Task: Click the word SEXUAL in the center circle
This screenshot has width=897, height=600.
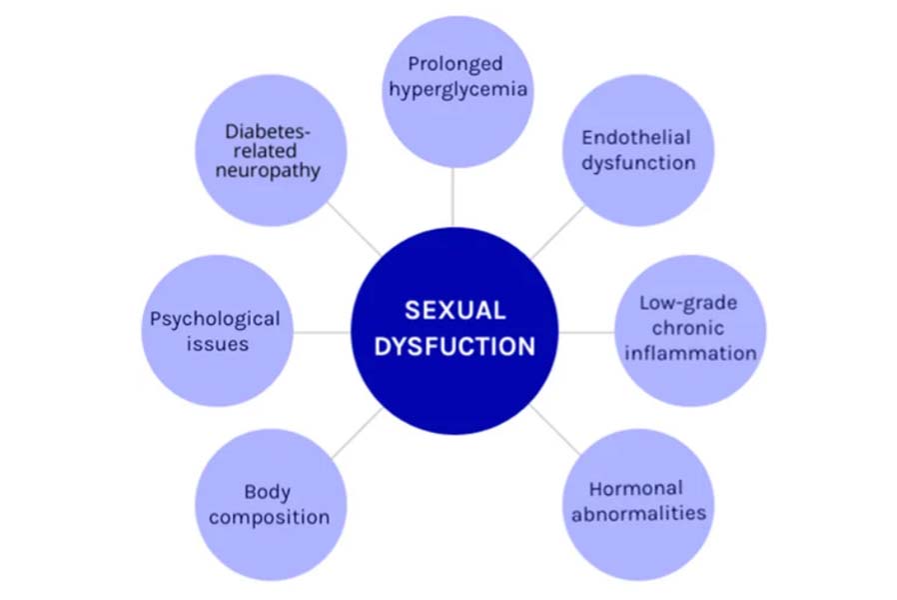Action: click(x=454, y=311)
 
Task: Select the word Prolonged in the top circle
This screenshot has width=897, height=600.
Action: click(x=454, y=64)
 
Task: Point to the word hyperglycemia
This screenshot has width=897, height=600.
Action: click(x=458, y=90)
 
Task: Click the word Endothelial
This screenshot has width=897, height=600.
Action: click(x=636, y=138)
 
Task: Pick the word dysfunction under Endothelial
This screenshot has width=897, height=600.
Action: click(x=638, y=163)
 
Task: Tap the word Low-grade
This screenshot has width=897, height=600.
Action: click(x=688, y=303)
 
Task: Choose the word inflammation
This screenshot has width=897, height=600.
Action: click(x=689, y=353)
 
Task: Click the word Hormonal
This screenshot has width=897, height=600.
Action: click(x=636, y=489)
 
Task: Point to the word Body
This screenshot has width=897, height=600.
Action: click(x=268, y=492)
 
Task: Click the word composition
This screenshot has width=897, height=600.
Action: click(x=269, y=518)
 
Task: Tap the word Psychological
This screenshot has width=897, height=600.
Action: click(x=215, y=319)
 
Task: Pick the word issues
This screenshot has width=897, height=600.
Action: click(x=216, y=344)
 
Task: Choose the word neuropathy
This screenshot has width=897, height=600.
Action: click(x=272, y=171)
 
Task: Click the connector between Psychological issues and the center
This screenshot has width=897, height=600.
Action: click(x=322, y=331)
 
